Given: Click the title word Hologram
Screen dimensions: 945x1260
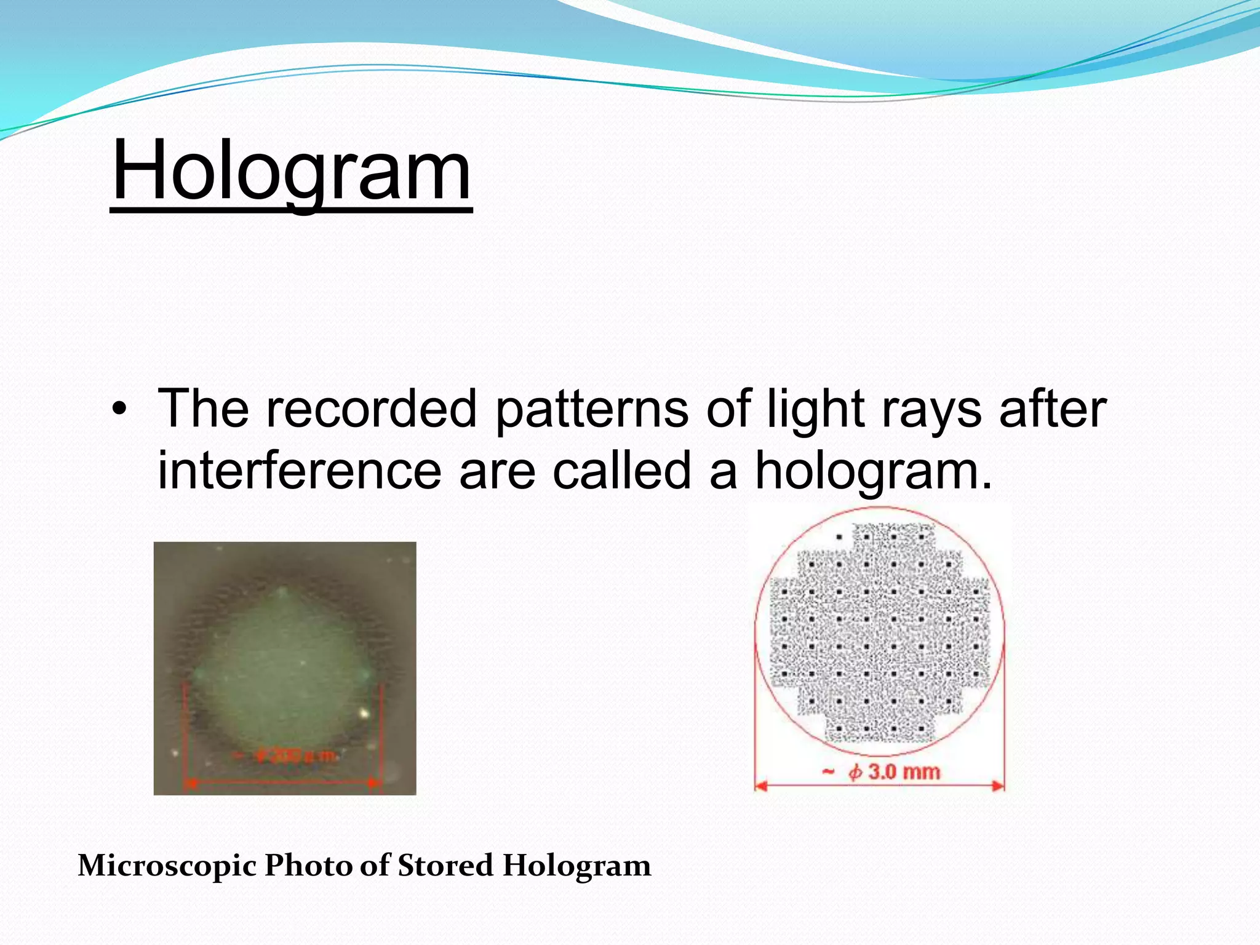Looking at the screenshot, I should click(291, 171).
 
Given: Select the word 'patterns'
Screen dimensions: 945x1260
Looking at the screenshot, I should click(591, 410).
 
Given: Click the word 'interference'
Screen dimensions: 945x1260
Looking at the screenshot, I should click(300, 470).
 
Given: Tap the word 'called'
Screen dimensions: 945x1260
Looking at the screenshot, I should click(622, 470).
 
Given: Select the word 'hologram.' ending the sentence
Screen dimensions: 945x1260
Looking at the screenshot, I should click(874, 471).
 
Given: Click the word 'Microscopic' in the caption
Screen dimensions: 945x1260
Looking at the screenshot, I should click(167, 866).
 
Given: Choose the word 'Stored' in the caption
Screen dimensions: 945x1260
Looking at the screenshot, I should click(445, 866).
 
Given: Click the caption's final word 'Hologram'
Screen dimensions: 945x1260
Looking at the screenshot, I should click(576, 866).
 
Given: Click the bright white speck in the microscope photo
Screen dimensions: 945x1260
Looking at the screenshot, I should click(364, 714).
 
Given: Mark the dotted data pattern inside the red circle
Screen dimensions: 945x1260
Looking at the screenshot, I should click(880, 634).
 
